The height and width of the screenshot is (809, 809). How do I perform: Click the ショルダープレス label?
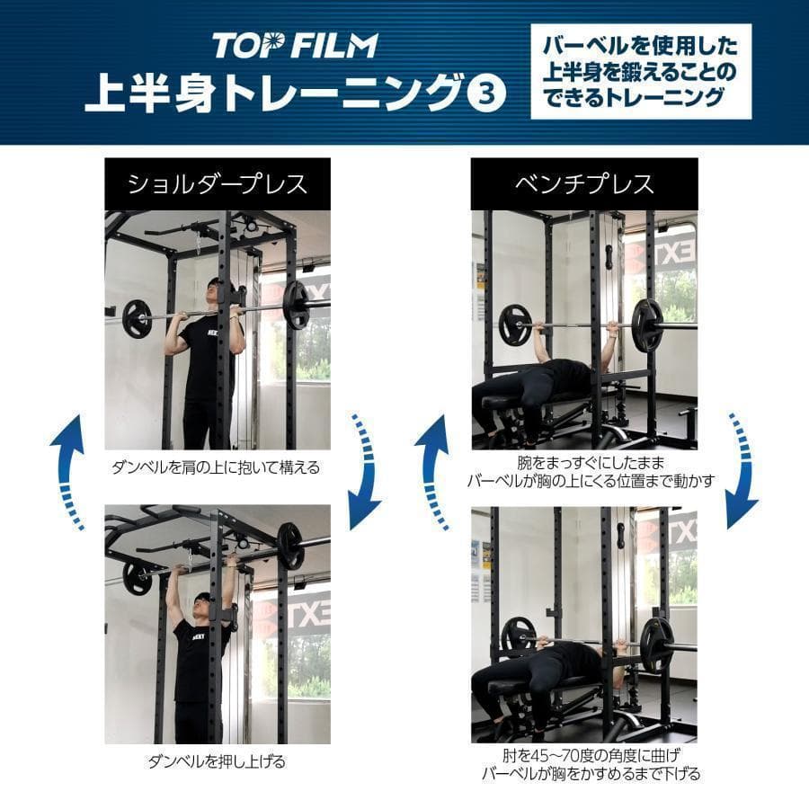[217, 184]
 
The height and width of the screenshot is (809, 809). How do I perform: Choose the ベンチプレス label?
[584, 184]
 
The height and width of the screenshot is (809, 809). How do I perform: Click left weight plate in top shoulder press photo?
[137, 318]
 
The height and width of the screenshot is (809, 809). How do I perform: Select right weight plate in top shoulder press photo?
[295, 306]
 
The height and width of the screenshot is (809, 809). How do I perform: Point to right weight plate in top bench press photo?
[646, 325]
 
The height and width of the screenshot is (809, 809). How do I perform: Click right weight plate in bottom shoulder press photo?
[289, 546]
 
